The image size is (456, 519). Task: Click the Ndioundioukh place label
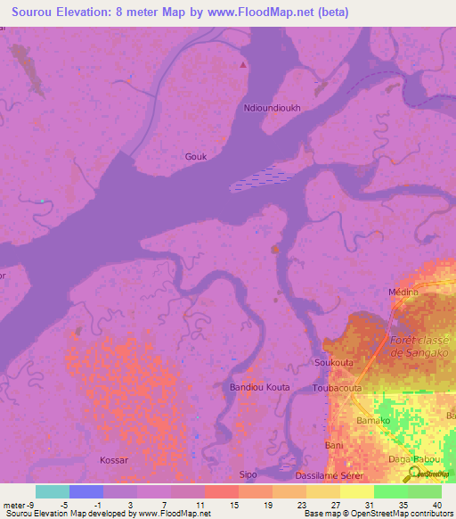pyautogui.click(x=272, y=109)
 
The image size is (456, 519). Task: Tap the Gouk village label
pyautogui.click(x=196, y=156)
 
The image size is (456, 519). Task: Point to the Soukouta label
pyautogui.click(x=334, y=363)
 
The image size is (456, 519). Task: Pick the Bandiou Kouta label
pyautogui.click(x=260, y=388)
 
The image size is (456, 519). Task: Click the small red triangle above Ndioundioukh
pyautogui.click(x=244, y=65)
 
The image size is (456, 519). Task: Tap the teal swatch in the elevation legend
pyautogui.click(x=53, y=491)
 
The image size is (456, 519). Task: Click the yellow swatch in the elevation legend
pyautogui.click(x=356, y=491)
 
